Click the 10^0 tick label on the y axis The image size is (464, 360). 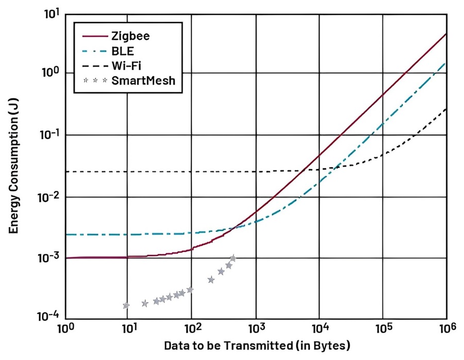pyautogui.click(x=51, y=73)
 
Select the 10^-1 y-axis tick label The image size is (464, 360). pyautogui.click(x=49, y=135)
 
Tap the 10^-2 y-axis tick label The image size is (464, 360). pyautogui.click(x=49, y=197)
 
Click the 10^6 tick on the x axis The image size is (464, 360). pyautogui.click(x=446, y=329)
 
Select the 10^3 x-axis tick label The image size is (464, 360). pyautogui.click(x=256, y=329)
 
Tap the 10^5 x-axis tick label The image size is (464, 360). pyautogui.click(x=383, y=329)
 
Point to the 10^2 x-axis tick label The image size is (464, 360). pyautogui.click(x=192, y=329)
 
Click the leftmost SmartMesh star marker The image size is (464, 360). pyautogui.click(x=126, y=305)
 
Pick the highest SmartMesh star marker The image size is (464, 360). pyautogui.click(x=233, y=258)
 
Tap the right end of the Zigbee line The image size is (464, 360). pyautogui.click(x=446, y=34)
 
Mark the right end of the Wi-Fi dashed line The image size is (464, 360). pyautogui.click(x=446, y=108)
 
